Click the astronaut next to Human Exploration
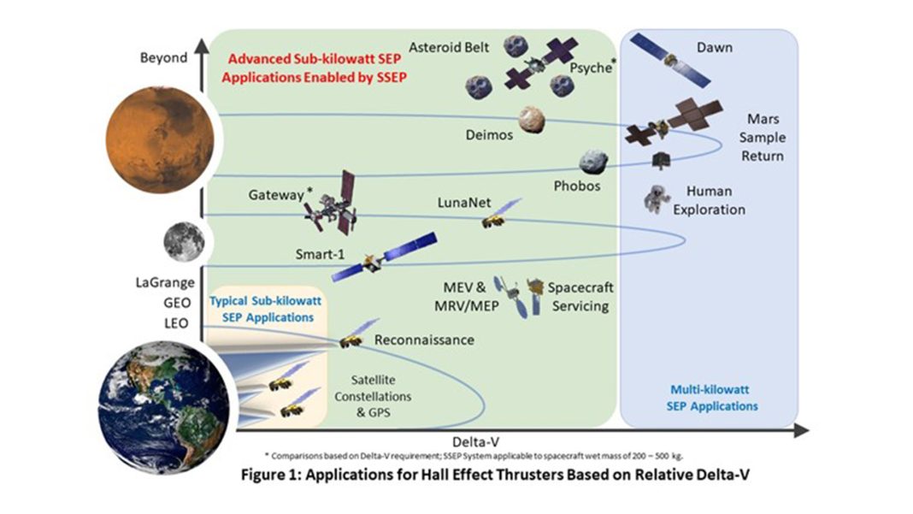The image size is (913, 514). [x=657, y=198]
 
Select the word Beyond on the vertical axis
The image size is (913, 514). [x=162, y=58]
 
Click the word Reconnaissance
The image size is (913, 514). [x=424, y=340]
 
